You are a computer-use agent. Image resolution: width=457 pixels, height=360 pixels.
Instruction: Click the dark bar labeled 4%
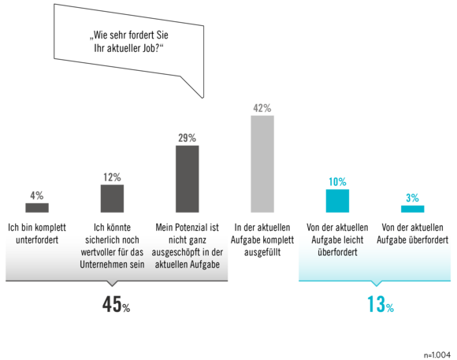(x=37, y=207)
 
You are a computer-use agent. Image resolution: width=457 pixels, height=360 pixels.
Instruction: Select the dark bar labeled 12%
(x=112, y=199)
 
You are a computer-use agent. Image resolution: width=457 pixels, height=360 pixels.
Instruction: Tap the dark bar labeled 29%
(x=187, y=179)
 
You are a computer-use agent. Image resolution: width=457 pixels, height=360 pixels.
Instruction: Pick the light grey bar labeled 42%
(x=262, y=164)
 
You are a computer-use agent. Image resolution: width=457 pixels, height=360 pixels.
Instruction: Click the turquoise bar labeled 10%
(x=337, y=201)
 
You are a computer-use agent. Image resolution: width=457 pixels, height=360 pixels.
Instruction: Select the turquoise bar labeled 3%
(x=413, y=209)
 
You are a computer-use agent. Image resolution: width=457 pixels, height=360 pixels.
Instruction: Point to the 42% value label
(x=262, y=108)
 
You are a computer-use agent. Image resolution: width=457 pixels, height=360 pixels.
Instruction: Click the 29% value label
(x=187, y=138)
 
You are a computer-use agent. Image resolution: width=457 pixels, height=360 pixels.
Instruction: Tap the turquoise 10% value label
(x=337, y=182)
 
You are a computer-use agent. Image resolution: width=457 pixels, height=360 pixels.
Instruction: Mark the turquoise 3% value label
(x=413, y=199)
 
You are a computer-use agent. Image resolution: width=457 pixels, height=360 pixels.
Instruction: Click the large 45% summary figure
(x=116, y=304)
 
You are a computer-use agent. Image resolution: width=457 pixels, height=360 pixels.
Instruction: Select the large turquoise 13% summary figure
(x=381, y=304)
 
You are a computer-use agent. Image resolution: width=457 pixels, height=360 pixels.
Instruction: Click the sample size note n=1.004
(x=437, y=355)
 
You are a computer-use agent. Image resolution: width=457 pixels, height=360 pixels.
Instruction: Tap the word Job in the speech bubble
(x=149, y=48)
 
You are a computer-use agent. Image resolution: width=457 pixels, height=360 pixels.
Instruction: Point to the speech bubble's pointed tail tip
(x=202, y=98)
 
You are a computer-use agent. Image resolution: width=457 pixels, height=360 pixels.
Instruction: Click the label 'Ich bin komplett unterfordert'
(x=37, y=234)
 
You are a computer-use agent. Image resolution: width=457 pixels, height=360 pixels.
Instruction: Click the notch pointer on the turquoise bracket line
(x=377, y=284)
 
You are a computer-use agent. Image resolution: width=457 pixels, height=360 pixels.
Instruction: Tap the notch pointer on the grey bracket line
(x=112, y=284)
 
